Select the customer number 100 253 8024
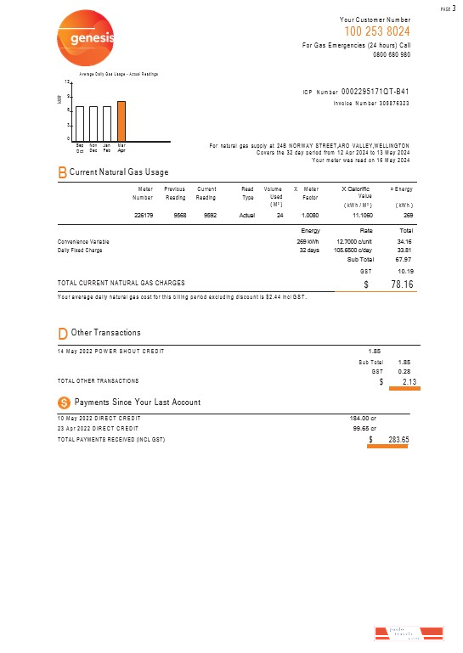(x=376, y=31)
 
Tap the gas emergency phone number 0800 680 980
(x=392, y=54)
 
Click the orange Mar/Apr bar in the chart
(x=121, y=119)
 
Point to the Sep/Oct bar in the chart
(x=79, y=121)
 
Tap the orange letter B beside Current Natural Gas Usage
(x=62, y=172)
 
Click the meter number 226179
(x=144, y=216)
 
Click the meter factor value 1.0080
(x=310, y=216)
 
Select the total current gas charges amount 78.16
(x=395, y=284)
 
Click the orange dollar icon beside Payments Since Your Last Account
(x=63, y=401)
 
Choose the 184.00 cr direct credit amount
(x=363, y=418)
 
